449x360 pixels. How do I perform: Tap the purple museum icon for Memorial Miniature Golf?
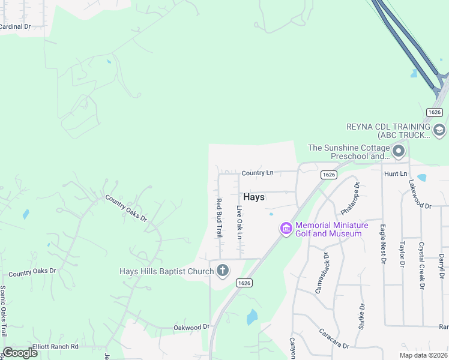pyautogui.click(x=286, y=229)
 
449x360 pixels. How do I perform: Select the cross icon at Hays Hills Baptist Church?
pyautogui.click(x=223, y=271)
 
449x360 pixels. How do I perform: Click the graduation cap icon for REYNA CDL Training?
pyautogui.click(x=439, y=130)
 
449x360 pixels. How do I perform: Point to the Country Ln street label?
pyautogui.click(x=257, y=173)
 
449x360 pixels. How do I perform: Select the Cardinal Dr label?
pyautogui.click(x=15, y=26)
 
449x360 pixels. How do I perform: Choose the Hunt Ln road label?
pyautogui.click(x=395, y=173)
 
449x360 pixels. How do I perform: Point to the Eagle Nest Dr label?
pyautogui.click(x=382, y=243)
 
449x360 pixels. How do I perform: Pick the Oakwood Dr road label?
pyautogui.click(x=191, y=327)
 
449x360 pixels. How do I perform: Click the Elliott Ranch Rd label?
pyautogui.click(x=56, y=346)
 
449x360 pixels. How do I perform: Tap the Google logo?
pyautogui.click(x=20, y=353)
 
